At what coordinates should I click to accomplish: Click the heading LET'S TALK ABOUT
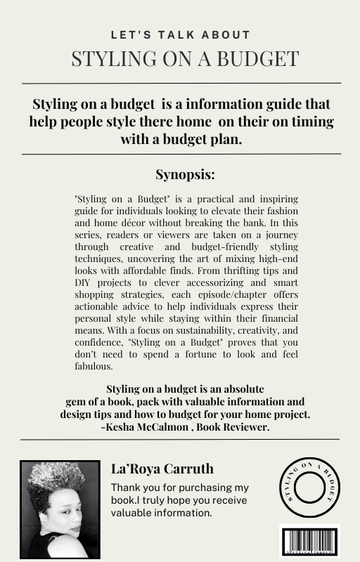181,34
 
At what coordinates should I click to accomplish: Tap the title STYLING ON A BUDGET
181,59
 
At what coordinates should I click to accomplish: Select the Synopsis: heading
181,174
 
